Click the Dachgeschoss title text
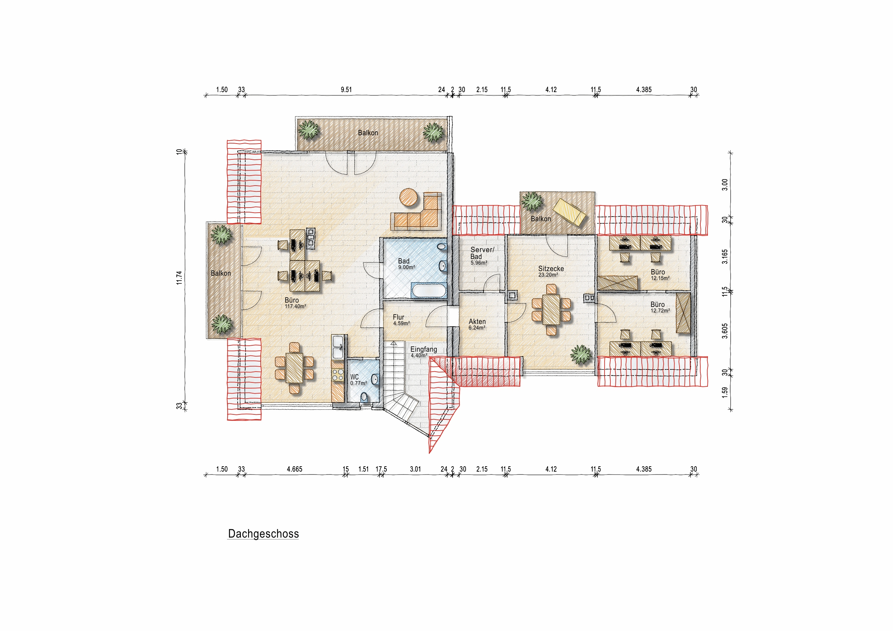[x=263, y=534]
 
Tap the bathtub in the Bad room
[x=428, y=290]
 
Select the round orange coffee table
[x=409, y=198]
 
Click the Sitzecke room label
[x=551, y=269]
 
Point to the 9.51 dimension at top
[x=346, y=90]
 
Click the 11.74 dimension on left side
[x=179, y=278]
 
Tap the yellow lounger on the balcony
[x=569, y=212]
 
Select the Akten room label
[x=477, y=322]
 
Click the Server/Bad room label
[x=482, y=253]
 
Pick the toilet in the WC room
[x=364, y=397]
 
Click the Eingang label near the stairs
[x=423, y=349]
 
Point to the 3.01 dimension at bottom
[x=416, y=469]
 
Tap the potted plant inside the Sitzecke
[x=580, y=354]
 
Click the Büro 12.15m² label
[x=659, y=275]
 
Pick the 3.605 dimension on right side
[x=724, y=331]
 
